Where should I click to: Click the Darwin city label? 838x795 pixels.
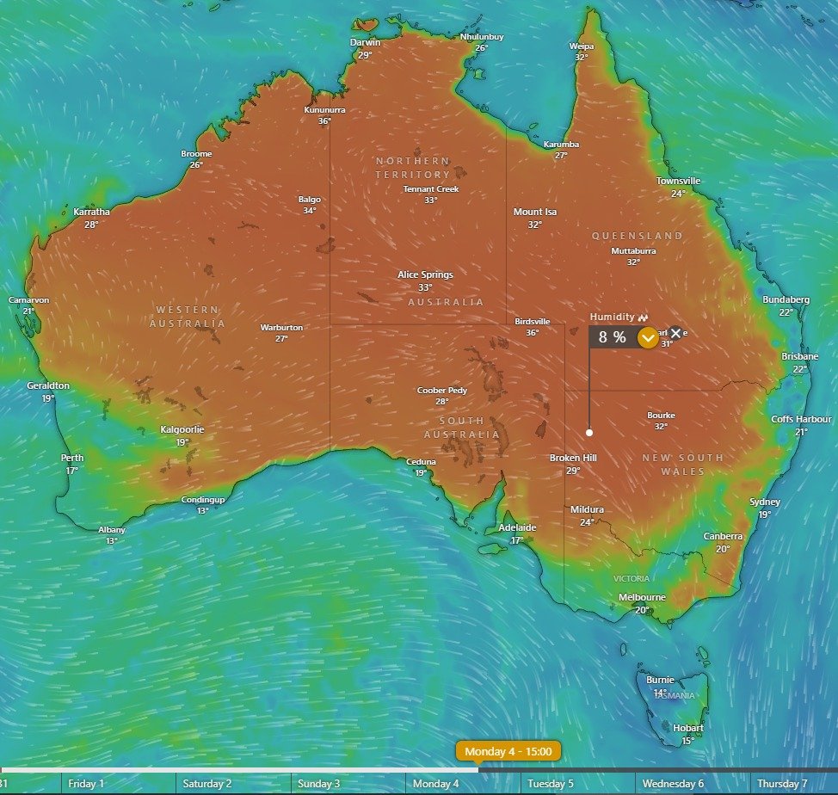(x=365, y=42)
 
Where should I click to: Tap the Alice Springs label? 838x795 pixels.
(x=425, y=274)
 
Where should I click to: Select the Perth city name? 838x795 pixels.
(x=72, y=458)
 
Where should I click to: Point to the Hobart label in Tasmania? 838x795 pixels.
(x=688, y=728)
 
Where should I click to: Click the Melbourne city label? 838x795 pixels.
(x=642, y=597)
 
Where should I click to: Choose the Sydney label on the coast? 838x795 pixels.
(x=764, y=502)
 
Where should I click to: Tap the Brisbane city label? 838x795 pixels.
(x=800, y=356)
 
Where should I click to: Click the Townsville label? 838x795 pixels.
(x=678, y=181)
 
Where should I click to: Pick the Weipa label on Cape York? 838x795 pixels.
(x=582, y=46)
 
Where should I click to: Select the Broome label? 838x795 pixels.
(x=196, y=154)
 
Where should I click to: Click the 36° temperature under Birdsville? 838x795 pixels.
(x=533, y=333)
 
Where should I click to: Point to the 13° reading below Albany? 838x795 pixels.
(x=112, y=541)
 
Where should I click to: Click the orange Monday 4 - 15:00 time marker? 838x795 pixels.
(x=508, y=751)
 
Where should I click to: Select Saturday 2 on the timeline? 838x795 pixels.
(x=206, y=784)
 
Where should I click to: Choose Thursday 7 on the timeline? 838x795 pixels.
(x=782, y=784)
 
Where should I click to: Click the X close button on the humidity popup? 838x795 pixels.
(x=675, y=333)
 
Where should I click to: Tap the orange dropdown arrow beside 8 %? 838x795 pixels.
(x=649, y=337)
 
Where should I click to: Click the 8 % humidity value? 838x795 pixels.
(x=613, y=337)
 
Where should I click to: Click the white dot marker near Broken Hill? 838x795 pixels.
(x=589, y=433)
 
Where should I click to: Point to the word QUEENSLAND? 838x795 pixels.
(x=638, y=236)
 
